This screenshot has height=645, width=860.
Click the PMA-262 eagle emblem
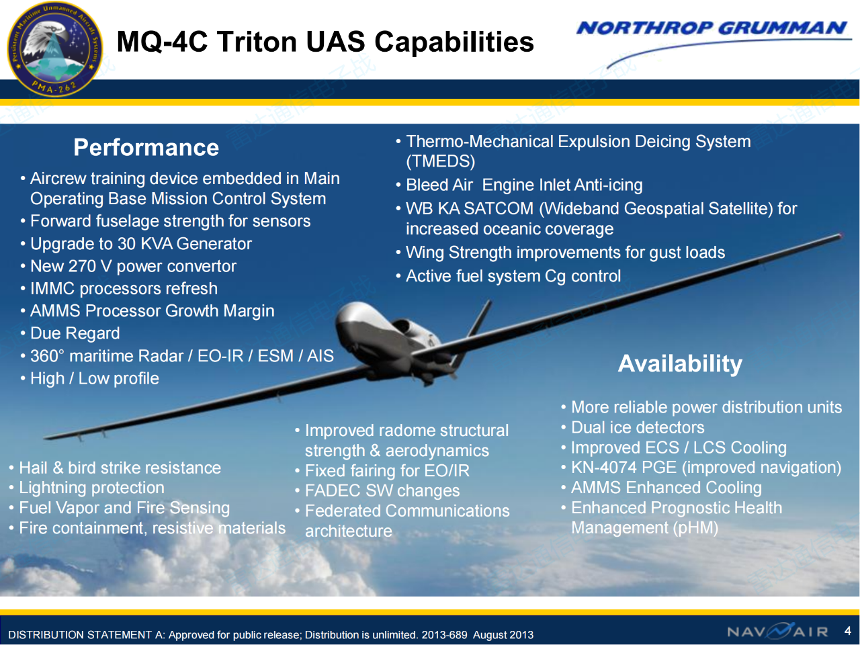tap(55, 49)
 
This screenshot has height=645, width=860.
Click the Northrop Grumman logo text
tap(712, 28)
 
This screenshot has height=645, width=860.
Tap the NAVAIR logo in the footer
tap(778, 631)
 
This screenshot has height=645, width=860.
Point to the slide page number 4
tap(847, 630)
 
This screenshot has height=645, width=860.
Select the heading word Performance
tap(146, 148)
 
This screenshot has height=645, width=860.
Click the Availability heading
tap(680, 363)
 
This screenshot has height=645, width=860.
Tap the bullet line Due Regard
tap(75, 333)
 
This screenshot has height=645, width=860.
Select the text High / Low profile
tap(95, 378)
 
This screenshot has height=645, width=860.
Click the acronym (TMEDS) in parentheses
tap(440, 161)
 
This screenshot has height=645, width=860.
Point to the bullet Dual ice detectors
tap(638, 427)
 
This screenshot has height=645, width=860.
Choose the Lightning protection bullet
tap(91, 488)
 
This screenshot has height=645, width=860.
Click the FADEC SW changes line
tap(382, 490)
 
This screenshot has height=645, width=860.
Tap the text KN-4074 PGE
tap(623, 467)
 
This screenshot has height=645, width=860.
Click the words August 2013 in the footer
tap(503, 634)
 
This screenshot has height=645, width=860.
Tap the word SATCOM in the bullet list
tap(499, 209)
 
